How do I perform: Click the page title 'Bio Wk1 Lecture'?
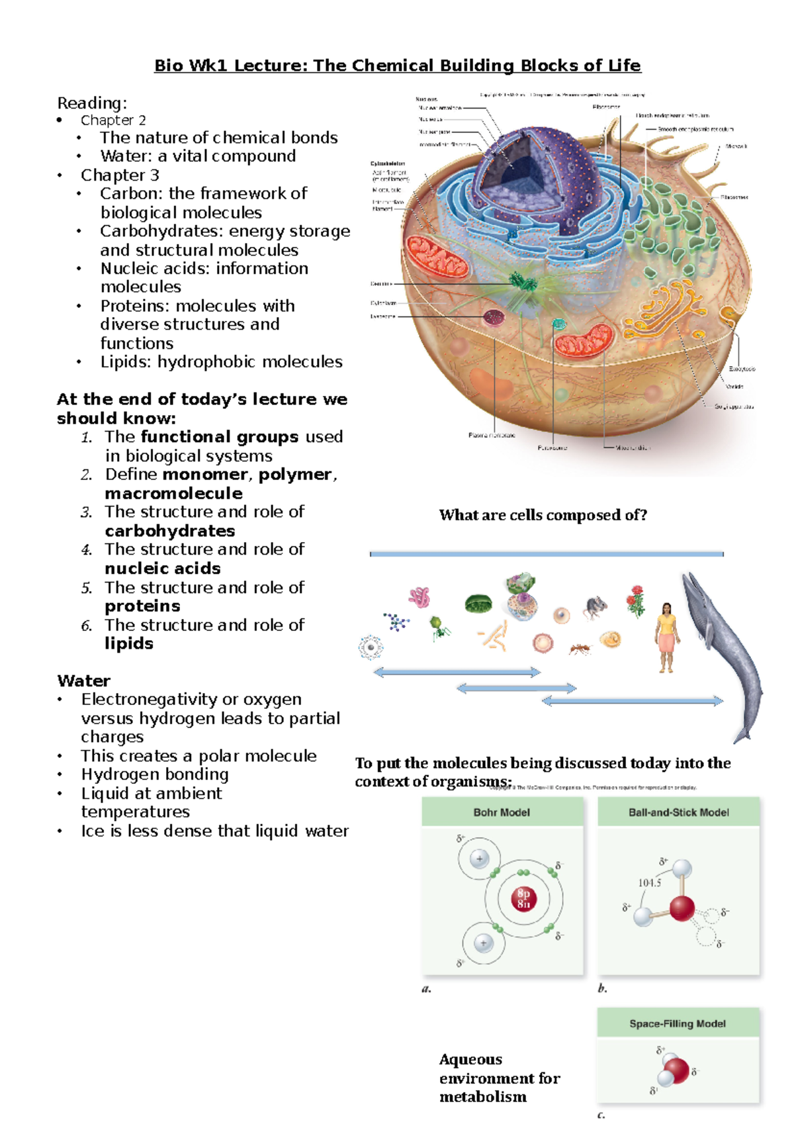(397, 66)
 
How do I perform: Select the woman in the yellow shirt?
(666, 635)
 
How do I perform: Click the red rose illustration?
(637, 600)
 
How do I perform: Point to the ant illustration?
(580, 649)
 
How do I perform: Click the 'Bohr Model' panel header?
(502, 812)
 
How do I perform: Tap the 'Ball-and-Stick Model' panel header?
(678, 812)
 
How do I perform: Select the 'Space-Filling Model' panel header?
(678, 1023)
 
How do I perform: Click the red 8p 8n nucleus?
(523, 899)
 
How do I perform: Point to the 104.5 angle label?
(650, 882)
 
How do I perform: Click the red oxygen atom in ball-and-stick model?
(682, 908)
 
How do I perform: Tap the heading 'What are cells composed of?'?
(543, 515)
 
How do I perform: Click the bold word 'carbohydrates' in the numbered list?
(170, 531)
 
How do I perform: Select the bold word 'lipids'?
(129, 643)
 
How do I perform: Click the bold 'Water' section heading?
(84, 680)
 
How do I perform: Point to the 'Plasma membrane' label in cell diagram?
(492, 435)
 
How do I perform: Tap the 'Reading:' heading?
(92, 103)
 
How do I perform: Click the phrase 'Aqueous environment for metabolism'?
(499, 1078)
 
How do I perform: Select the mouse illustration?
(595, 606)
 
